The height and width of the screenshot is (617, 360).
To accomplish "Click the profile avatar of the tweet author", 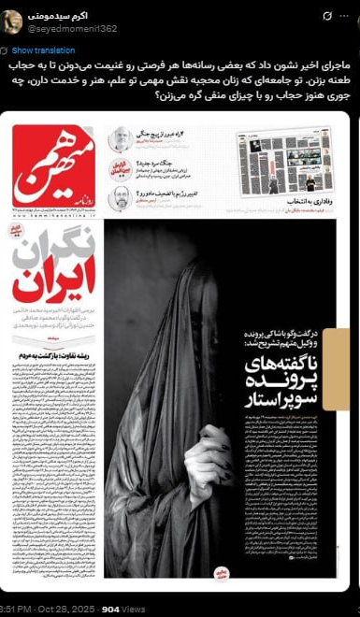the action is (12, 22).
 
